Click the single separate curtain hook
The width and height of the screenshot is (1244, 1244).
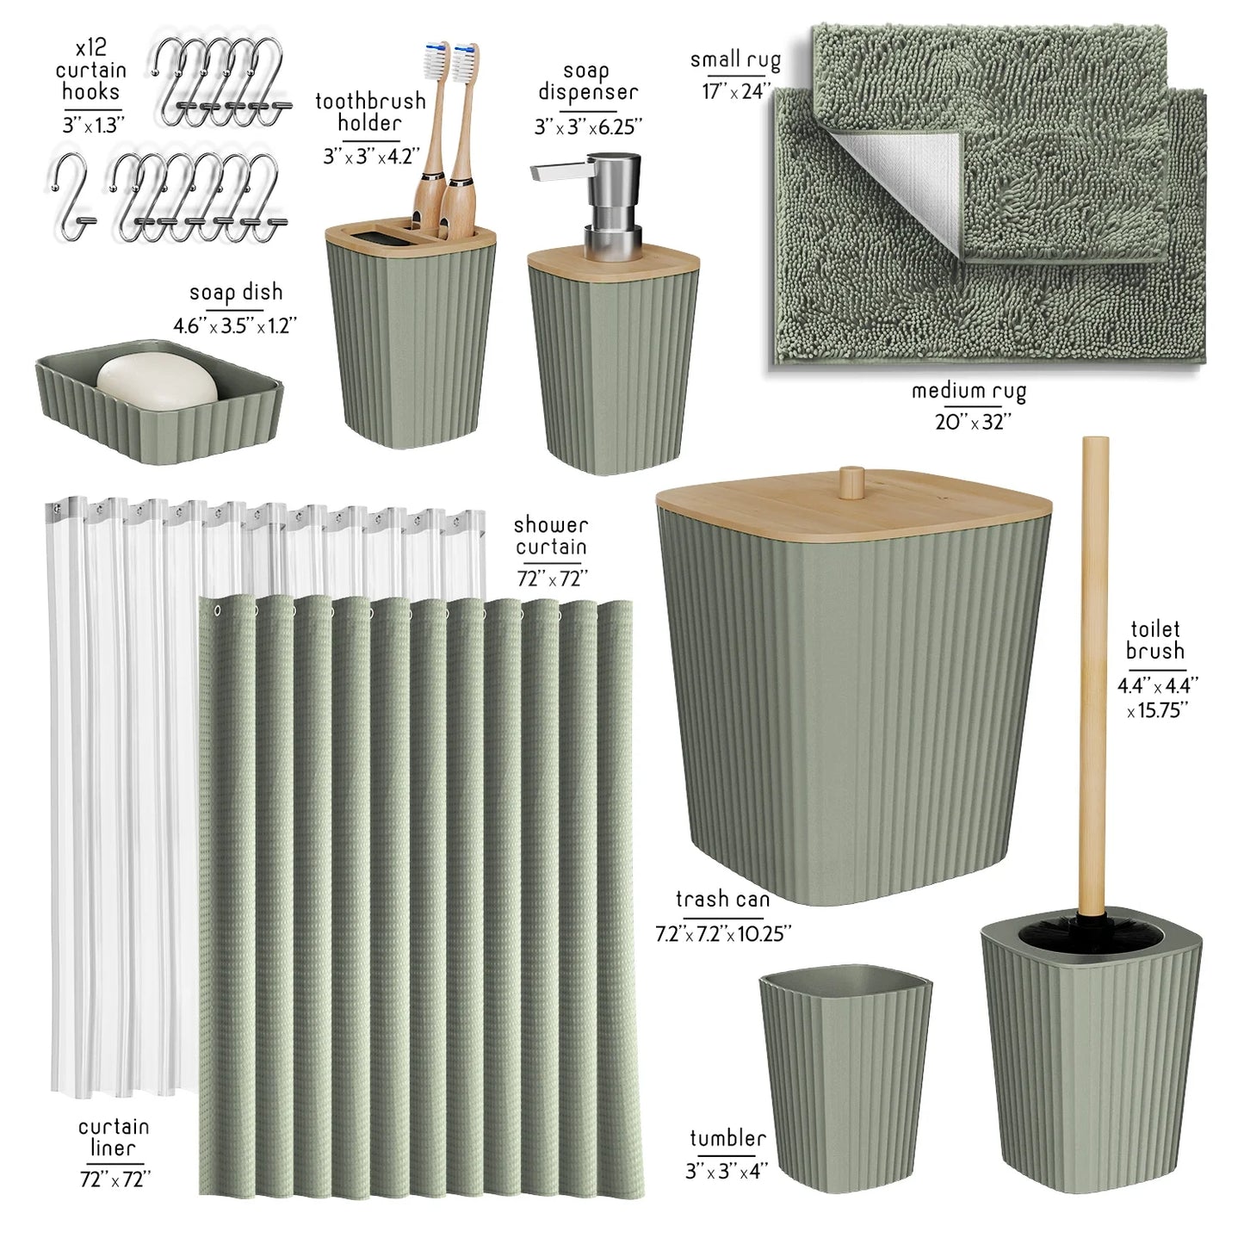pos(73,196)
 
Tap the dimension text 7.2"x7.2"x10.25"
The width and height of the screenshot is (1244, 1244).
pos(723,934)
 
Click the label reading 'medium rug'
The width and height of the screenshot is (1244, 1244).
pos(969,391)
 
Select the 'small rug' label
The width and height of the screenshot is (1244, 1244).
pos(735,60)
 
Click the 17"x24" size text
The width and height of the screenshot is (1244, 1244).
pos(737,91)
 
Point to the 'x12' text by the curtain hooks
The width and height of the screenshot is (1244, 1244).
pos(91,48)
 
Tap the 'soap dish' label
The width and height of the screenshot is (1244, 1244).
pos(236,293)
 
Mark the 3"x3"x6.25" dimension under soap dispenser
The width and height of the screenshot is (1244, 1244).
pos(588,127)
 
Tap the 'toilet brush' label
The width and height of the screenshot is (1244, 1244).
pos(1155,640)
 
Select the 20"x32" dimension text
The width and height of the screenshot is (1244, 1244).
pos(973,422)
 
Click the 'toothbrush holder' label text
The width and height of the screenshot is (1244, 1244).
pos(370,112)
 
